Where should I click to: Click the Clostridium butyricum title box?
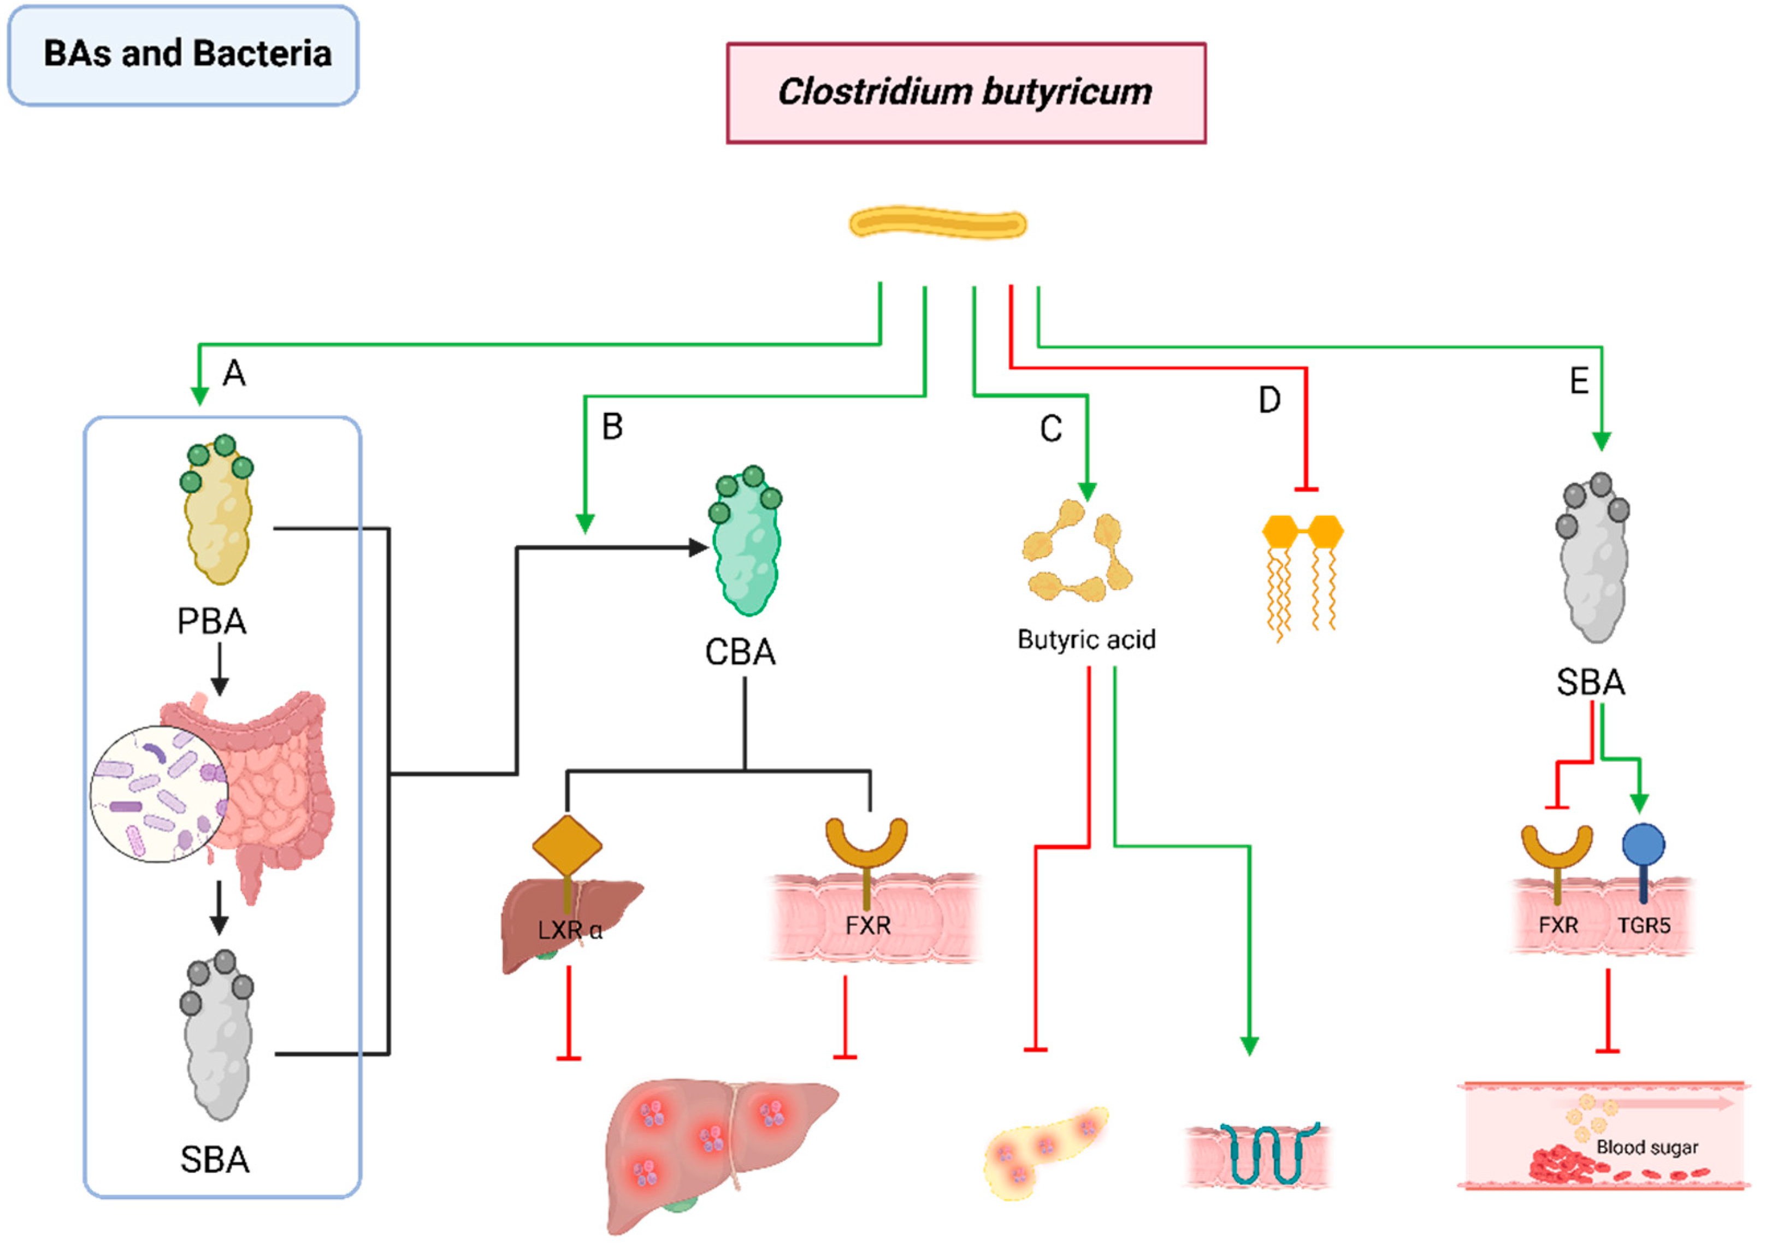pos(966,92)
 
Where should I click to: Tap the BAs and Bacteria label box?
pos(184,55)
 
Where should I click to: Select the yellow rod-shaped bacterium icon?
pos(937,223)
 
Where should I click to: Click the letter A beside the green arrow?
pos(234,374)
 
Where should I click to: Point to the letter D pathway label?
pos(1269,400)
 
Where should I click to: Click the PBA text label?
pos(212,621)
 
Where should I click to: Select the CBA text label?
pos(740,652)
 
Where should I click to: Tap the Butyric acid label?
pos(1086,639)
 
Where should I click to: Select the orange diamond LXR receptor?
pos(567,845)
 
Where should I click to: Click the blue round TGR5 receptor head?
pos(1643,843)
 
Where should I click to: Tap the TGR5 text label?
pos(1644,925)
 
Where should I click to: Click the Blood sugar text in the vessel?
pos(1646,1148)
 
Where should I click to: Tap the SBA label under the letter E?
pos(1591,682)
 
